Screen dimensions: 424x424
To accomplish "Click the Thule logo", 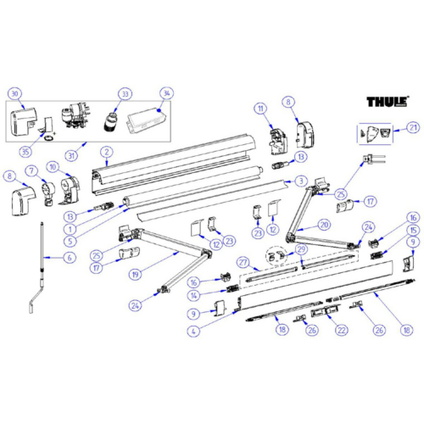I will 388,103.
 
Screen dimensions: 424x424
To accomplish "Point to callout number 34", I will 166,93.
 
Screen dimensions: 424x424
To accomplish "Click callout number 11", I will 260,108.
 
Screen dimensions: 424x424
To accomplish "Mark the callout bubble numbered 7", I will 31,172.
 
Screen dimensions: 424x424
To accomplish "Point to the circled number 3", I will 301,181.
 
